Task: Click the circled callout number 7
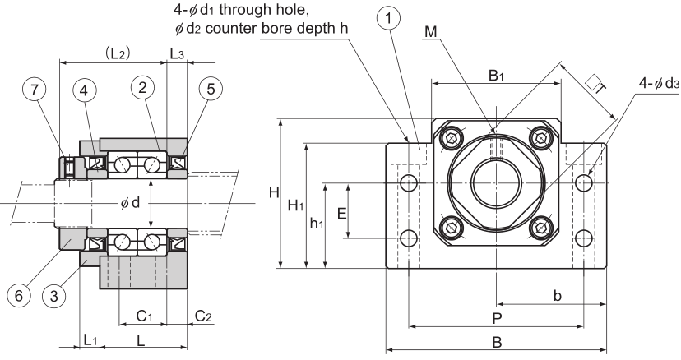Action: tap(35, 90)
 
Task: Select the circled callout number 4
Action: tap(84, 90)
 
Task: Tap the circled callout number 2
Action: tap(142, 87)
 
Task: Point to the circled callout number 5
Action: tap(211, 89)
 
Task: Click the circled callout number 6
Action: tap(19, 296)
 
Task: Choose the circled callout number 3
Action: tap(53, 297)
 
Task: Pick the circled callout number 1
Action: tap(389, 18)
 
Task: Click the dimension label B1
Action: tap(496, 75)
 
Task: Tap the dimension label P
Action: tap(497, 319)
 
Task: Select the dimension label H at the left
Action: tap(274, 192)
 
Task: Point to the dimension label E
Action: tap(342, 214)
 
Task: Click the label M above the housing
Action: tap(431, 31)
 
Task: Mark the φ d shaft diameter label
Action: tap(130, 202)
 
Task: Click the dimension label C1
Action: tap(144, 316)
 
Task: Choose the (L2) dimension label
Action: tap(118, 53)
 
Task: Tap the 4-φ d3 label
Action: tap(659, 83)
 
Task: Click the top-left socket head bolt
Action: tap(452, 138)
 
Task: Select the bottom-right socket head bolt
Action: tap(541, 227)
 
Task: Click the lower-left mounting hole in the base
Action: tap(409, 238)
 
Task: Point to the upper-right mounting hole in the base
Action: tap(584, 182)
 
